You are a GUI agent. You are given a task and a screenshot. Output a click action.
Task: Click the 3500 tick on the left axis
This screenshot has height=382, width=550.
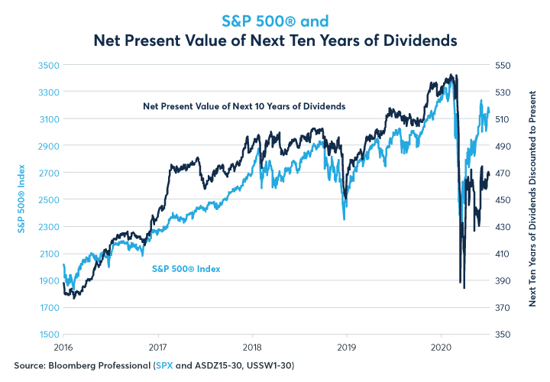coord(48,66)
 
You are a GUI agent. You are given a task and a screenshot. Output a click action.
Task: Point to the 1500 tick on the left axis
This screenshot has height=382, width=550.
coord(48,335)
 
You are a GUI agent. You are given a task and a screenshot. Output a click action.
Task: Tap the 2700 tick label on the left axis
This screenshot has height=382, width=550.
coord(48,173)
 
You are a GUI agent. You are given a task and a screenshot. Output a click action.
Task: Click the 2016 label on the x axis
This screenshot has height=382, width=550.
coord(64,347)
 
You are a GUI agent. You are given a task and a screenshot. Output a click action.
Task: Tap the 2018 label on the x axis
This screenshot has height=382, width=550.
coord(253,347)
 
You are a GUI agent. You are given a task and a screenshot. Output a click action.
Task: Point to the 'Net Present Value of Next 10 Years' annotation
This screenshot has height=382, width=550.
coord(244,105)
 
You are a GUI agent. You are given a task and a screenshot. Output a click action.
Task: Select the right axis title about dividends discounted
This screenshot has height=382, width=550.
coord(532,200)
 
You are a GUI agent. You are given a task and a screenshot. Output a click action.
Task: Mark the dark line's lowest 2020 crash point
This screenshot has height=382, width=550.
coord(464,288)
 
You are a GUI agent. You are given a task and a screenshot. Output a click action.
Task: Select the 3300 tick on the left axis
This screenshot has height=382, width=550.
coord(48,92)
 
